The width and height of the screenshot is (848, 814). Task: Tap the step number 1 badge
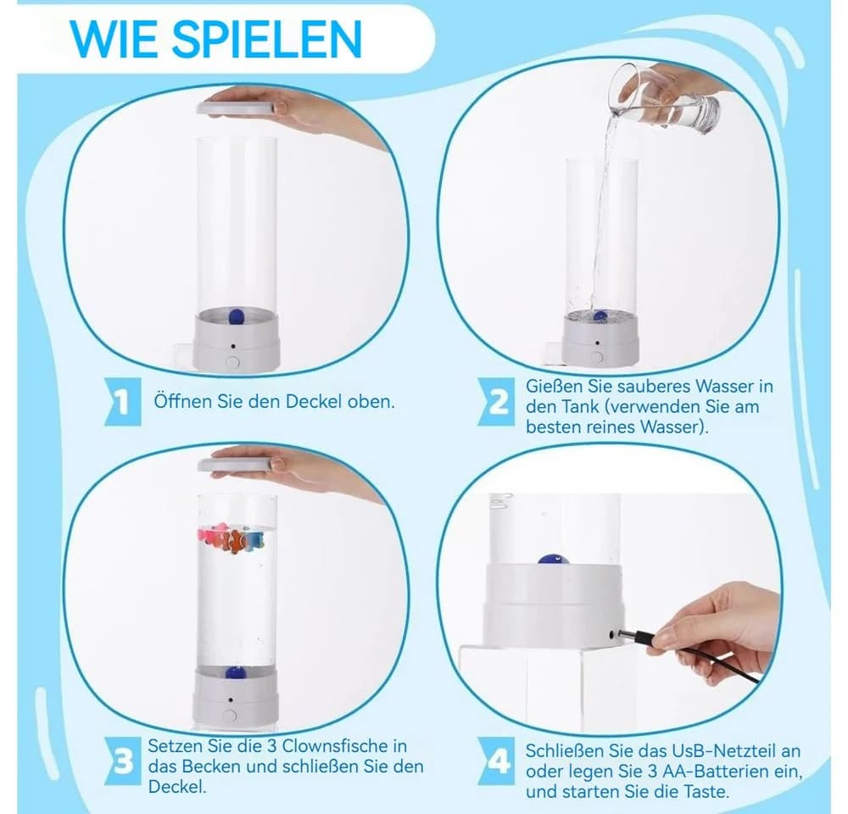pos(123,402)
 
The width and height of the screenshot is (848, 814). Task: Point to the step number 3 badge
pos(123,762)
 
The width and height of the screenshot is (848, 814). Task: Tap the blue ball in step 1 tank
pos(237,316)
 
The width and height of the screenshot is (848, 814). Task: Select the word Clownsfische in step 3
pos(344,746)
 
